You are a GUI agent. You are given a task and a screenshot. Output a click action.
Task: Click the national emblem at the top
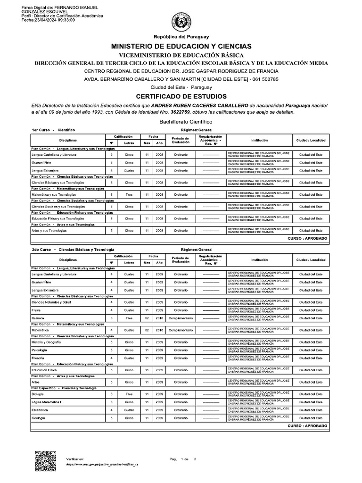181,22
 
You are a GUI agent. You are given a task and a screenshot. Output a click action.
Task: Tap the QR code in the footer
46,460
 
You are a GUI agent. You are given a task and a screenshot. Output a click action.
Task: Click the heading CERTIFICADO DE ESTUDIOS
181,96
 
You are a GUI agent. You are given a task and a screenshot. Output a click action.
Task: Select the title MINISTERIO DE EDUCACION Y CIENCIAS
181,46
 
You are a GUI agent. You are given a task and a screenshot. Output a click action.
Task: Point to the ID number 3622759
182,112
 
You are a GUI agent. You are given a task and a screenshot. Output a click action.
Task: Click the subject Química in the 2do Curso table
38,318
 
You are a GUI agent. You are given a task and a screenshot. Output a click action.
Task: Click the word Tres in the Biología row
129,394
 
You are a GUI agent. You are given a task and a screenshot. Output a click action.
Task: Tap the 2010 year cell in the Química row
159,318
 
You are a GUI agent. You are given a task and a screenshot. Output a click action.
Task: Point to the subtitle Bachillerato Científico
181,121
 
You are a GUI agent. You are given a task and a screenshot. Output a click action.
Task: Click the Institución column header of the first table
259,141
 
